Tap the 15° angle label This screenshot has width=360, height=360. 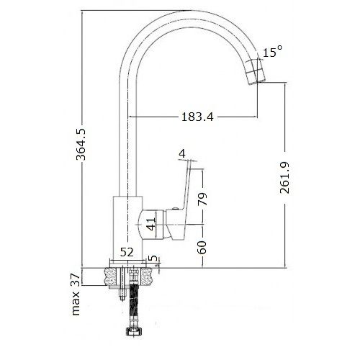click(x=272, y=53)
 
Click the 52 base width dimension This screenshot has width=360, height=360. click(x=127, y=251)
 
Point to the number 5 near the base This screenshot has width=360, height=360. click(x=153, y=258)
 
